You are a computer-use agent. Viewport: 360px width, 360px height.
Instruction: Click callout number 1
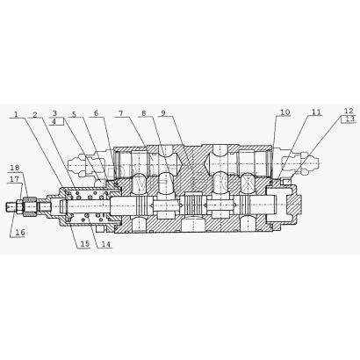tap(17, 114)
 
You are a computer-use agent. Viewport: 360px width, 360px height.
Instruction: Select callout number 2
tap(35, 114)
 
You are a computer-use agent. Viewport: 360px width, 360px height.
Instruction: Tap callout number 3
tap(54, 113)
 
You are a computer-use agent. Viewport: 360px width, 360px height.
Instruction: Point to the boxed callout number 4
tap(54, 121)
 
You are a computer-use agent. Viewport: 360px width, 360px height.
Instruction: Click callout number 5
tap(74, 114)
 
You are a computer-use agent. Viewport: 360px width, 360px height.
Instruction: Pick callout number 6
tap(97, 113)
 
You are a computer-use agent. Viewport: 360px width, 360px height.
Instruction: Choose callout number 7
tap(120, 113)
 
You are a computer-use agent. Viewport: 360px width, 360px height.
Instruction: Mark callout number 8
tap(143, 113)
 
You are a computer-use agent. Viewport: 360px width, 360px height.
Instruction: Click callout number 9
tap(163, 112)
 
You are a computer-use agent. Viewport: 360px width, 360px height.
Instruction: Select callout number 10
tap(284, 112)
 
